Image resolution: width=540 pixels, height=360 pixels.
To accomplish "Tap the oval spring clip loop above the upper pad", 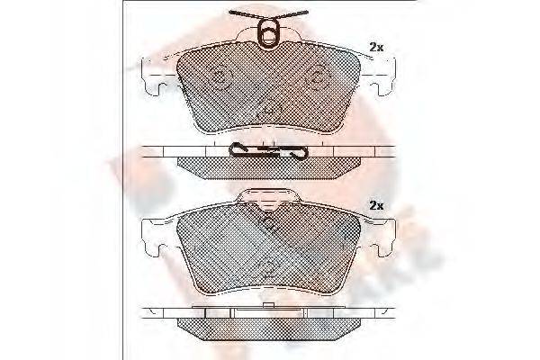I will [269, 35].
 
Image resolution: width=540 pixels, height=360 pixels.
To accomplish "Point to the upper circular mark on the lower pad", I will [268, 222].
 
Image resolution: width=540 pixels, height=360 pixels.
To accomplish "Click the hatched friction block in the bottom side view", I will [269, 324].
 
